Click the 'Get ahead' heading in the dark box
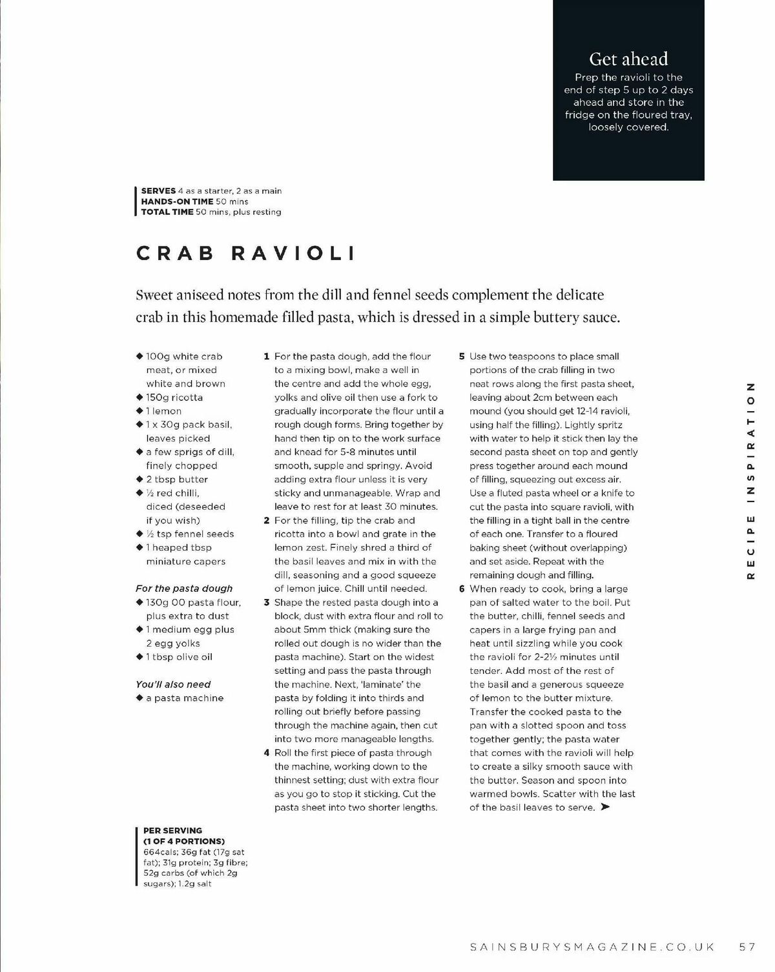click(x=628, y=59)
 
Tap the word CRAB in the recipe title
click(x=175, y=253)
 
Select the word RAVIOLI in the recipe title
click(x=293, y=253)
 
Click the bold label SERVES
click(x=158, y=191)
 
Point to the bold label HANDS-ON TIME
click(x=177, y=201)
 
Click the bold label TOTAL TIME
click(x=167, y=212)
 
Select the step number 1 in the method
click(x=266, y=356)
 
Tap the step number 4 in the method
click(x=266, y=753)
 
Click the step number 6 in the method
click(x=462, y=589)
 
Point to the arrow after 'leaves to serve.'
click(x=605, y=807)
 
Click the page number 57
click(x=747, y=947)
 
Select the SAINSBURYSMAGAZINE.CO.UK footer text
click(x=592, y=947)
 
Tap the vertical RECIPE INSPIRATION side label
click(x=750, y=480)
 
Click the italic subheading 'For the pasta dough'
click(x=184, y=589)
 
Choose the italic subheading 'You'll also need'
click(x=173, y=684)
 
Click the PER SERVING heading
click(x=172, y=831)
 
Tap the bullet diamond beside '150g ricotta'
click(x=139, y=398)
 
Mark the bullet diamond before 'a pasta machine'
click(x=139, y=698)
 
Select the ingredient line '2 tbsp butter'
click(x=177, y=480)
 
